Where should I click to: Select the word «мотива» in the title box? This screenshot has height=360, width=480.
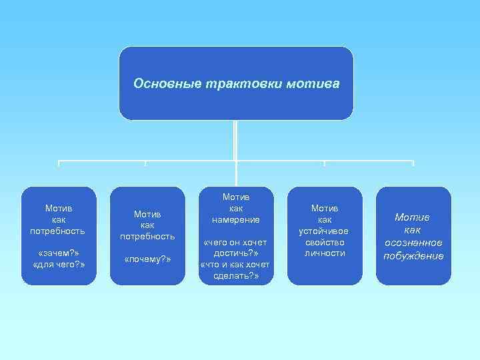pyautogui.click(x=314, y=84)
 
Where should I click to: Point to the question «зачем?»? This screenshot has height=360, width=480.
pyautogui.click(x=58, y=254)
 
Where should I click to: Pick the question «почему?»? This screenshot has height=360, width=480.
pyautogui.click(x=147, y=259)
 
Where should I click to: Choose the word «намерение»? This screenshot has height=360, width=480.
pyautogui.click(x=236, y=219)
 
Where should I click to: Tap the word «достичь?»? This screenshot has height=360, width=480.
pyautogui.click(x=236, y=254)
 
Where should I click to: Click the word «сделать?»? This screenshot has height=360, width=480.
pyautogui.click(x=236, y=277)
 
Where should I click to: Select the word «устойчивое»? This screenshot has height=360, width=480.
pyautogui.click(x=325, y=231)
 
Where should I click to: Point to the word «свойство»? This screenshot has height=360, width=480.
pyautogui.click(x=325, y=242)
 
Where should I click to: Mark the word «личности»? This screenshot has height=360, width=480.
pyautogui.click(x=325, y=253)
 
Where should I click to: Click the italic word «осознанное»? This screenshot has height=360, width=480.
pyautogui.click(x=413, y=242)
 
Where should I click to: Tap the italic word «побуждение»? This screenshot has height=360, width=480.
pyautogui.click(x=413, y=255)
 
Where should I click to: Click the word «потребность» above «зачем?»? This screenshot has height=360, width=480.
pyautogui.click(x=58, y=231)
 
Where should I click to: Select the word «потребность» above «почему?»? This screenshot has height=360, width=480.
pyautogui.click(x=147, y=236)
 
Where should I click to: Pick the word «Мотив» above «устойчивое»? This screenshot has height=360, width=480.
pyautogui.click(x=325, y=208)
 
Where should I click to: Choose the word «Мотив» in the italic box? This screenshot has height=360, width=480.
pyautogui.click(x=413, y=217)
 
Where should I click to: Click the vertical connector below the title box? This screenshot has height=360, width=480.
pyautogui.click(x=235, y=140)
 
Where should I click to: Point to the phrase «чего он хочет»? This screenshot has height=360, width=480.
pyautogui.click(x=236, y=243)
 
